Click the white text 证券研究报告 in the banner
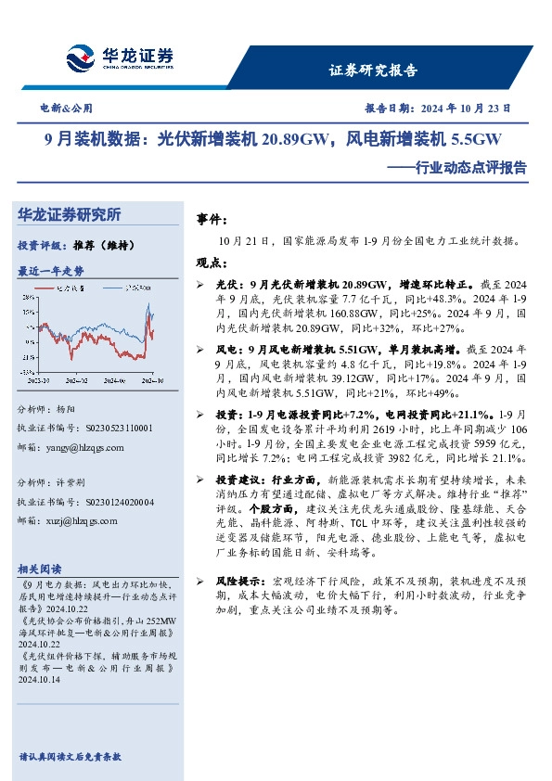(374, 70)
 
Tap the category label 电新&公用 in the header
(67, 109)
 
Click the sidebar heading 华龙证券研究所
(70, 214)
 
